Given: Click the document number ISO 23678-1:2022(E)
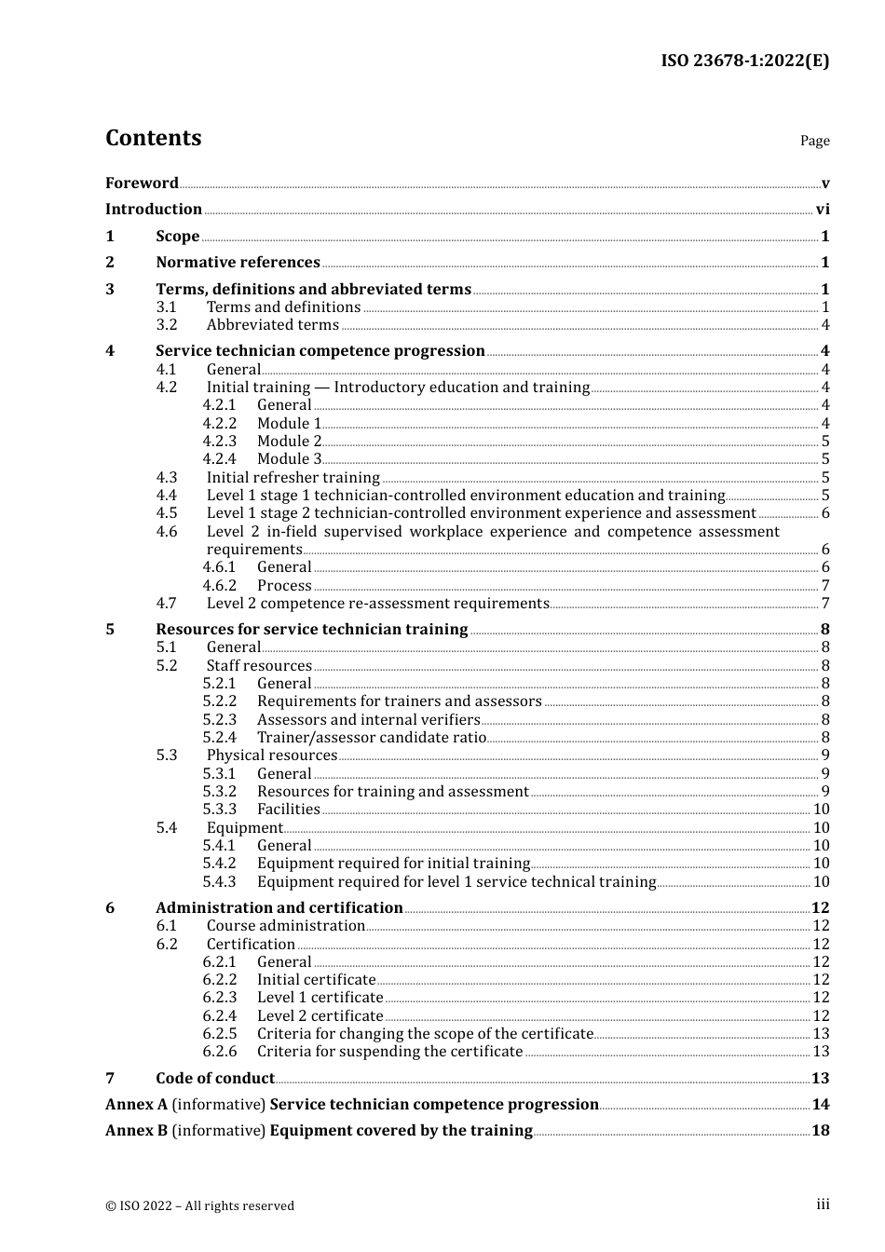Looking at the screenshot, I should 744,61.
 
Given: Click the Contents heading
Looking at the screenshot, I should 153,138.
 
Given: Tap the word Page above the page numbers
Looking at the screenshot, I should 814,141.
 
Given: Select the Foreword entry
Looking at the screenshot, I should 142,183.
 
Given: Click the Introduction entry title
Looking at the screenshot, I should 154,209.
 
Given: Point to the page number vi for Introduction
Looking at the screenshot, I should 823,209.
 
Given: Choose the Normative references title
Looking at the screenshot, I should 238,262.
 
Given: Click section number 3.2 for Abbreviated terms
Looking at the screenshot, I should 167,324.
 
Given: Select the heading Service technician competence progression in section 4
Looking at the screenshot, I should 320,350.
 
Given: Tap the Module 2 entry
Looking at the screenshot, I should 289,441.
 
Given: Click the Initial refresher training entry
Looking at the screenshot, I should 293,477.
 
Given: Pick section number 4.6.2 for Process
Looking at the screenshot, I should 220,585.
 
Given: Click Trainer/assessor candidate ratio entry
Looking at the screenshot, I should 371,737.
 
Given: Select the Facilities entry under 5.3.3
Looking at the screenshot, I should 288,809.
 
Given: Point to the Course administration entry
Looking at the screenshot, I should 285,925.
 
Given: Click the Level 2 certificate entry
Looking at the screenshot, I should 320,1015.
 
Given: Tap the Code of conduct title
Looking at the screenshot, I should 214,1078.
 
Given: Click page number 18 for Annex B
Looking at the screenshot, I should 820,1130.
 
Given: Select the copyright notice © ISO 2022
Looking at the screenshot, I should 199,1205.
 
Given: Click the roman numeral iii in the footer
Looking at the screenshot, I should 823,1204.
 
